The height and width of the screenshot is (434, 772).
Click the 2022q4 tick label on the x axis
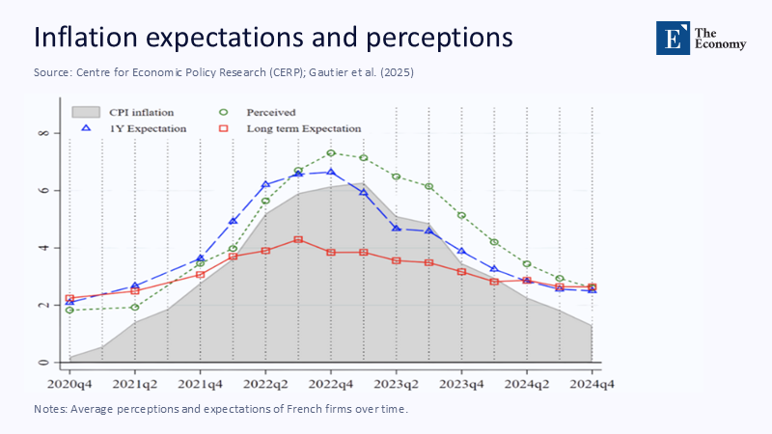(x=330, y=384)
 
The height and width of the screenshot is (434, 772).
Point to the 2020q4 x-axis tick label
(x=69, y=384)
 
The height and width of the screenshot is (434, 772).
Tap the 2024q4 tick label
(x=592, y=384)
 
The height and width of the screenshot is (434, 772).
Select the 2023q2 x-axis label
(x=396, y=384)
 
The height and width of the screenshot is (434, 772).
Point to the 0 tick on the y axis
(x=43, y=363)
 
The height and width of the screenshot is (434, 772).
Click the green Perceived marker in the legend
(x=225, y=112)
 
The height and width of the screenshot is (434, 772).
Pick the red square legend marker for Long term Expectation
(x=225, y=127)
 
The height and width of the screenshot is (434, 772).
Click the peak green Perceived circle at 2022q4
(x=330, y=152)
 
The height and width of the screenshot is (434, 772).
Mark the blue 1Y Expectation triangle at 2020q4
(x=69, y=302)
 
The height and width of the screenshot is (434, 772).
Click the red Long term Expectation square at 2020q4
(x=69, y=299)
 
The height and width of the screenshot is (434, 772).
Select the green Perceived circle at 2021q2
(x=135, y=308)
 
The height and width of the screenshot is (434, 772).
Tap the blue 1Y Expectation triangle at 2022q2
(x=265, y=184)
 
